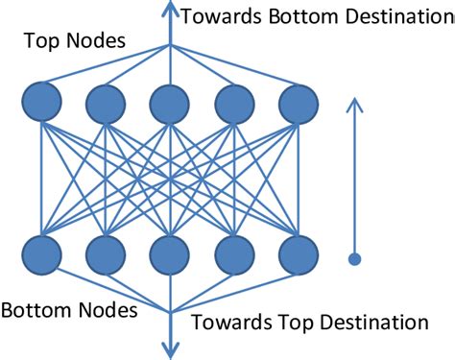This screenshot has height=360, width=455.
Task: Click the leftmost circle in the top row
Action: (x=41, y=102)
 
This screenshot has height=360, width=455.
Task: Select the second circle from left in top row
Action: (x=106, y=102)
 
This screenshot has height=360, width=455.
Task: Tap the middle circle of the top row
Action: (x=170, y=102)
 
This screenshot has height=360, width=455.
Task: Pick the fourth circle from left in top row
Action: (x=234, y=102)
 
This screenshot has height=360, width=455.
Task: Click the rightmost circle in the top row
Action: (x=298, y=102)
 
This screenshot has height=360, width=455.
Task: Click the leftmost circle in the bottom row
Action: (x=41, y=255)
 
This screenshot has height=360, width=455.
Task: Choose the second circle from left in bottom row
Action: (x=106, y=255)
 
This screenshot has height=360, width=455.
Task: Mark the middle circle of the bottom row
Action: (x=170, y=255)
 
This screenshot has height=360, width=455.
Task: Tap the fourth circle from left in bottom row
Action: (x=234, y=255)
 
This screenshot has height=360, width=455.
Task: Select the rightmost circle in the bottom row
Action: (x=298, y=255)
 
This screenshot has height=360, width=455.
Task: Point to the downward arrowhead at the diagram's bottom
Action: (x=170, y=351)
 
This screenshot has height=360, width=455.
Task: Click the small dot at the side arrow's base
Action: (x=354, y=258)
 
